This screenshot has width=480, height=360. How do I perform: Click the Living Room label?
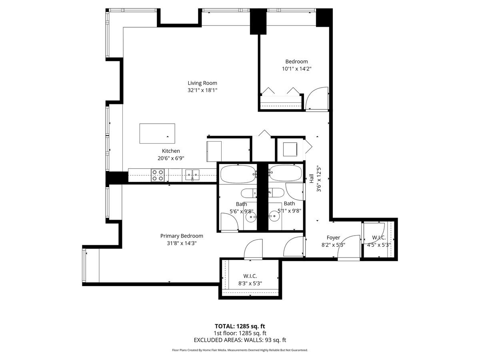[x=202, y=83]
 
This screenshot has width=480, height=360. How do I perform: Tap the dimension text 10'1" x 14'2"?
[x=296, y=69]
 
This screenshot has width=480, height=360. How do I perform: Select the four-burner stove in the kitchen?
[x=158, y=175]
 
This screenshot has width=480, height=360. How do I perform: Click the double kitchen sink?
[x=192, y=175]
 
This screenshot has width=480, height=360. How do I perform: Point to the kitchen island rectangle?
[x=157, y=134]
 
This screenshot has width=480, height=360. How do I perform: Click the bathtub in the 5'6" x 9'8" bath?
[x=238, y=174]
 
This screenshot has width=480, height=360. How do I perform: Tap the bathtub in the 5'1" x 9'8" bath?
[x=285, y=174]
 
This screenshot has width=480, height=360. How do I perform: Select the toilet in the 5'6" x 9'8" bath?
[x=249, y=193]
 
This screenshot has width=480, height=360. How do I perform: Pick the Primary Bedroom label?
[x=182, y=236]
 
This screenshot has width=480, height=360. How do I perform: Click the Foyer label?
[x=333, y=238]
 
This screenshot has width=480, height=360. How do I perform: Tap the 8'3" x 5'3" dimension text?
[x=250, y=284]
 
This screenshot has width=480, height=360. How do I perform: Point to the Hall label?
[x=311, y=178]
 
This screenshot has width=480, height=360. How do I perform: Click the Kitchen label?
[x=171, y=151]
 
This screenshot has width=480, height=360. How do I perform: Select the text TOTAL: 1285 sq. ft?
[x=240, y=326]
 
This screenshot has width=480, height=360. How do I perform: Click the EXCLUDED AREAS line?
[x=240, y=340]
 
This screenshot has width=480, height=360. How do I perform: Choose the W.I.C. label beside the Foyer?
[x=379, y=238]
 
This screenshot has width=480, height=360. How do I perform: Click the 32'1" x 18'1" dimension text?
[x=202, y=90]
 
